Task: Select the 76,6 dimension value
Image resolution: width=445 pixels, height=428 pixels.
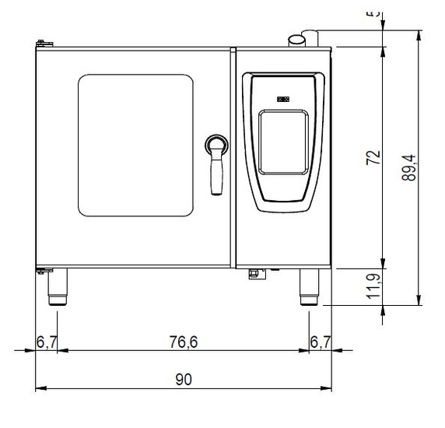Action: tap(183, 340)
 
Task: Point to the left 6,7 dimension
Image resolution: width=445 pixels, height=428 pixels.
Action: tap(47, 340)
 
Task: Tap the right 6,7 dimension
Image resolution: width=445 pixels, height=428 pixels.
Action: tap(321, 340)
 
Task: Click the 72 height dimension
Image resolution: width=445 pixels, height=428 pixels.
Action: tap(374, 156)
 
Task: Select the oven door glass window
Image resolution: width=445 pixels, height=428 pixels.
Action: tap(135, 145)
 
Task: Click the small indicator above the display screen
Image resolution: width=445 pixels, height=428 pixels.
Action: tap(282, 99)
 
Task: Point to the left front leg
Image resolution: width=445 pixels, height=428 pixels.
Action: tap(58, 286)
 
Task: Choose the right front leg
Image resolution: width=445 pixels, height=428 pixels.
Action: tap(309, 286)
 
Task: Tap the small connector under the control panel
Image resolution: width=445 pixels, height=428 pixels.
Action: tap(254, 272)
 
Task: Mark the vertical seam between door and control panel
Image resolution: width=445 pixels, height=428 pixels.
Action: tap(233, 156)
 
